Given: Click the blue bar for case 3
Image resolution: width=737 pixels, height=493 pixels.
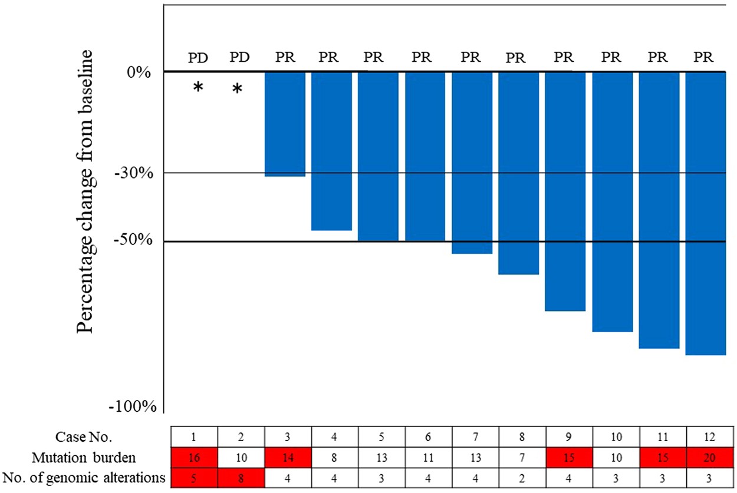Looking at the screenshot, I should [285, 124].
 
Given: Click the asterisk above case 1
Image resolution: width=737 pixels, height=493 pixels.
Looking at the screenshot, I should [198, 88].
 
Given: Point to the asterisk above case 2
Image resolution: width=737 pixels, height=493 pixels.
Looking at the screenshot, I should [237, 89].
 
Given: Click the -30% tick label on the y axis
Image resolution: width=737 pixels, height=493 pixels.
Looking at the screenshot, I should [137, 173].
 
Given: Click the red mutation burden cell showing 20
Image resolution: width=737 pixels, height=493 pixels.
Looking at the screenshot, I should [710, 457].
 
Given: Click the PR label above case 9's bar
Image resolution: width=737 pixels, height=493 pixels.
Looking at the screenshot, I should [564, 58].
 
